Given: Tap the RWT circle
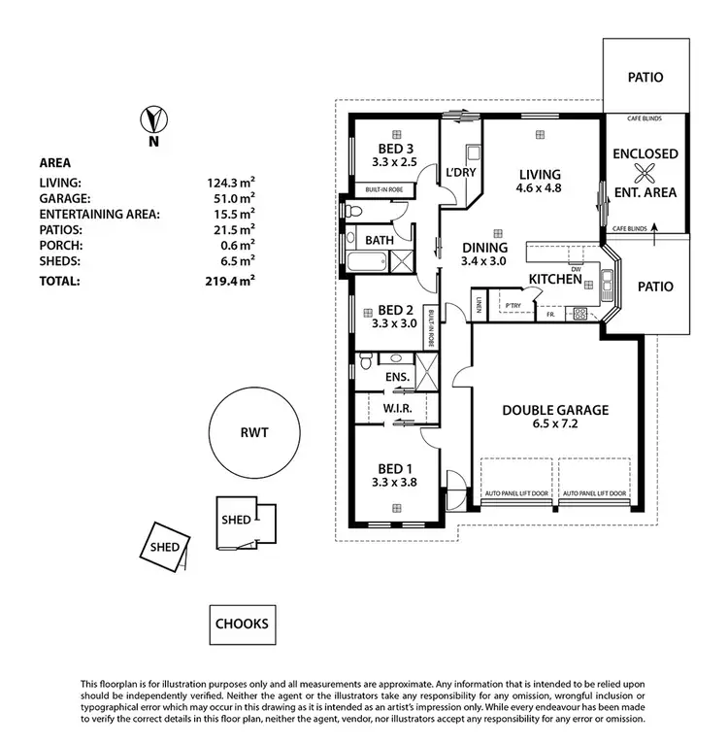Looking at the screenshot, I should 256,434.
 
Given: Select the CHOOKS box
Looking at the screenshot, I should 242,624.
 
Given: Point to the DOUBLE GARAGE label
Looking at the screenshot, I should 555,410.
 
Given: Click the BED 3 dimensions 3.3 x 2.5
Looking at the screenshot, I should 393,162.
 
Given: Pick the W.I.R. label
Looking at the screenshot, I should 398,409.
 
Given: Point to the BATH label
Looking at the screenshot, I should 379,240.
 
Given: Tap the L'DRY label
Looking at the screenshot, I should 459,172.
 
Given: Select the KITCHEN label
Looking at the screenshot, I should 554,280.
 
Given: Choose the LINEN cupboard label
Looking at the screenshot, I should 480,306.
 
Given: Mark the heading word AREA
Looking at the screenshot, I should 55,163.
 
